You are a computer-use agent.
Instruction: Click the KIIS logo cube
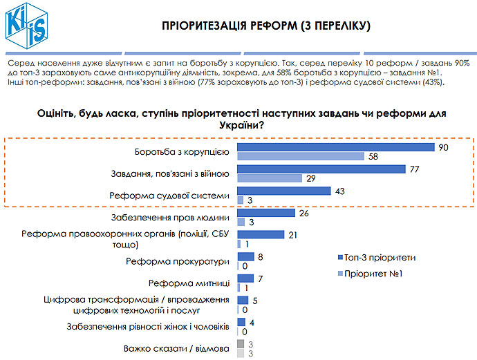click(x=26, y=26)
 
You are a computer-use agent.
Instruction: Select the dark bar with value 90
click(x=335, y=147)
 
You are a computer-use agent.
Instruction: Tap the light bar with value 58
click(x=301, y=157)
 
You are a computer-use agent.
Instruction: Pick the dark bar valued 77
click(x=321, y=169)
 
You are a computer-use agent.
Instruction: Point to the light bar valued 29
click(x=270, y=178)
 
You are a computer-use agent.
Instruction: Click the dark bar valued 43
click(x=284, y=191)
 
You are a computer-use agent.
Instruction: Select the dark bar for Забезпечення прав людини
click(x=266, y=213)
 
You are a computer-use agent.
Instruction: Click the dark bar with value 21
click(x=261, y=235)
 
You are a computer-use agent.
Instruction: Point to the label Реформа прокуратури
click(x=176, y=261)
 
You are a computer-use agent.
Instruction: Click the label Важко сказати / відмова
click(x=176, y=348)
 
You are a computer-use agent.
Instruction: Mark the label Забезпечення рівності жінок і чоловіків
click(x=147, y=326)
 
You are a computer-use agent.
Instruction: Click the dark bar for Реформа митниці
click(x=242, y=278)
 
